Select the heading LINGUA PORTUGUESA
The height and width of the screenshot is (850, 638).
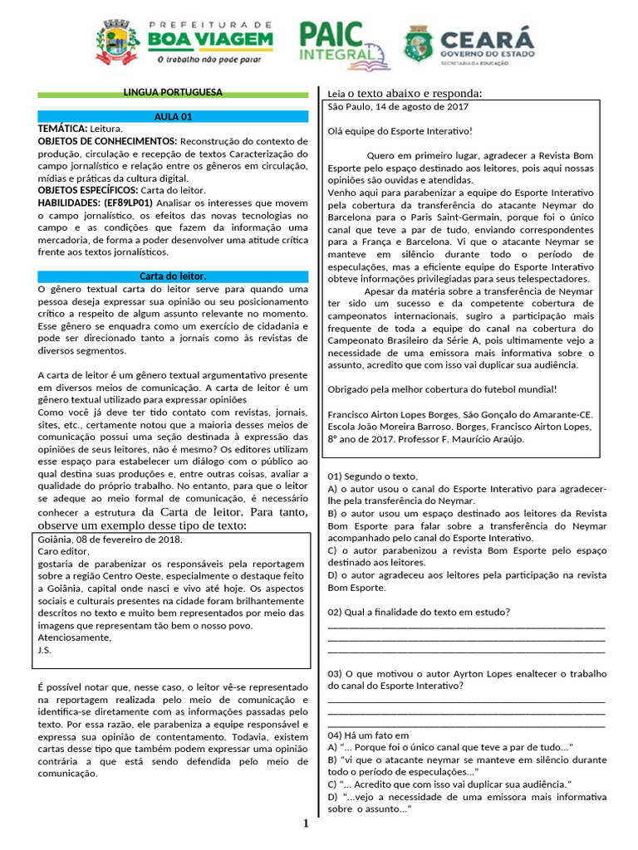click(x=173, y=93)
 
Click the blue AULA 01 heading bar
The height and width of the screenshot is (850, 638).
click(x=173, y=117)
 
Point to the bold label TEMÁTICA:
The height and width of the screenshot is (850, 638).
click(x=62, y=129)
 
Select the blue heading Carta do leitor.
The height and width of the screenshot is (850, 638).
click(x=173, y=276)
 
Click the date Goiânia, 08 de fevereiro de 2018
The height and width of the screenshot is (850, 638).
click(x=110, y=539)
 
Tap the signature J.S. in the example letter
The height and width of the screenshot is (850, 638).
click(x=46, y=650)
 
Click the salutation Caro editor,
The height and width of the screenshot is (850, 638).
click(x=62, y=550)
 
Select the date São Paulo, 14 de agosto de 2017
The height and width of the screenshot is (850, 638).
click(x=399, y=106)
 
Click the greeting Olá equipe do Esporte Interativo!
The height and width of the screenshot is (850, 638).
click(x=400, y=130)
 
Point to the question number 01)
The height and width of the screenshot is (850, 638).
click(x=336, y=476)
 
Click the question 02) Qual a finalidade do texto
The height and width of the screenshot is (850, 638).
click(x=419, y=613)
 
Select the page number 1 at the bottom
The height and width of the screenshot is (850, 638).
click(x=306, y=823)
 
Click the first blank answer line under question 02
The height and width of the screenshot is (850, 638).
click(x=467, y=627)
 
